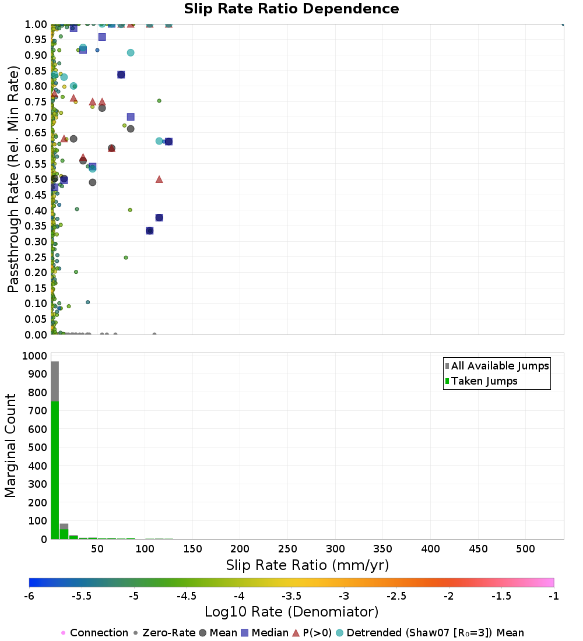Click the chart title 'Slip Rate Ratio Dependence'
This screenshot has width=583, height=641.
[291, 9]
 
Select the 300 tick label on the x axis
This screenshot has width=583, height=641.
[335, 549]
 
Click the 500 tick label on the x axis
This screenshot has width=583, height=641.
[526, 549]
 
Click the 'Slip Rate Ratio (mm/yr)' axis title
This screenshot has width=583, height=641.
[307, 566]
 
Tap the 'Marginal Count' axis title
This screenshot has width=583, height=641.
[11, 446]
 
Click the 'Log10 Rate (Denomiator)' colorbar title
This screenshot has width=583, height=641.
[291, 612]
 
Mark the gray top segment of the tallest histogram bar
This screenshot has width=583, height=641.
[55, 381]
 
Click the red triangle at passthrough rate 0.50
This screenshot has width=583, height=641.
[159, 179]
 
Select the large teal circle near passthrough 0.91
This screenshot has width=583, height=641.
[131, 53]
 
